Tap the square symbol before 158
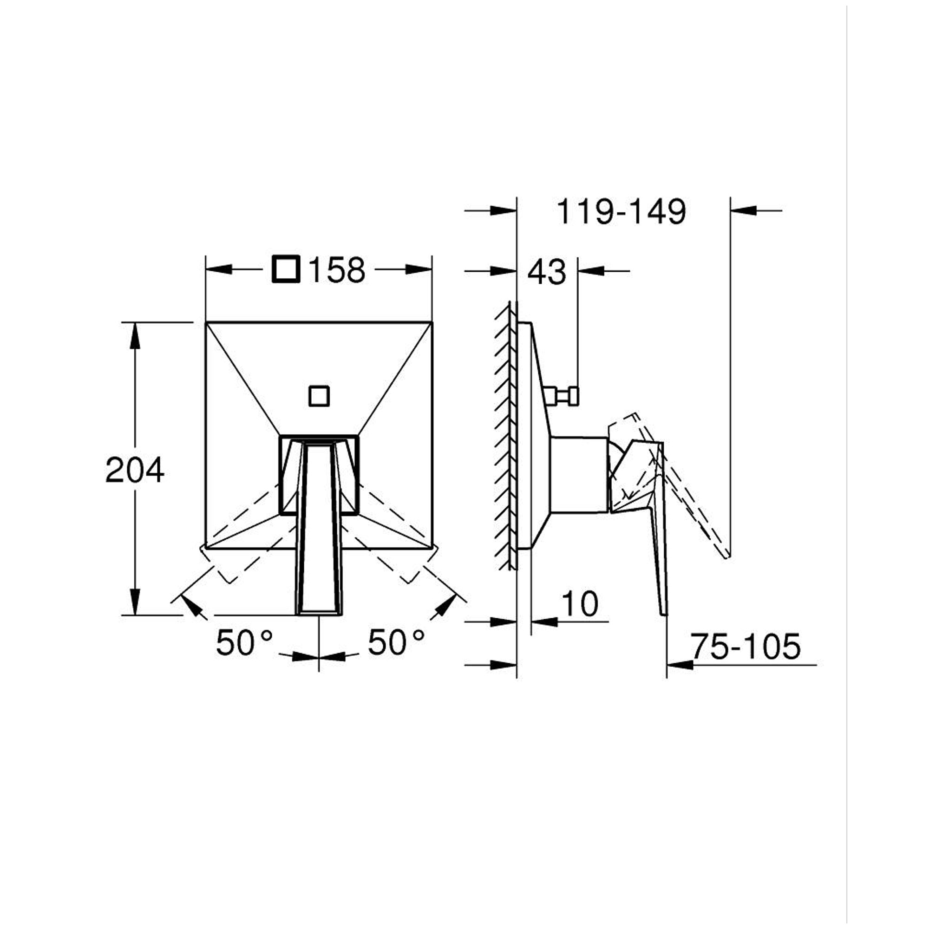[x=286, y=269]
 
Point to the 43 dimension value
[x=547, y=272]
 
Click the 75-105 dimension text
[x=746, y=646]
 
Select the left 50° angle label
[x=244, y=642]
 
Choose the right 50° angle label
[x=396, y=642]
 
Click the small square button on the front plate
[x=319, y=396]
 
